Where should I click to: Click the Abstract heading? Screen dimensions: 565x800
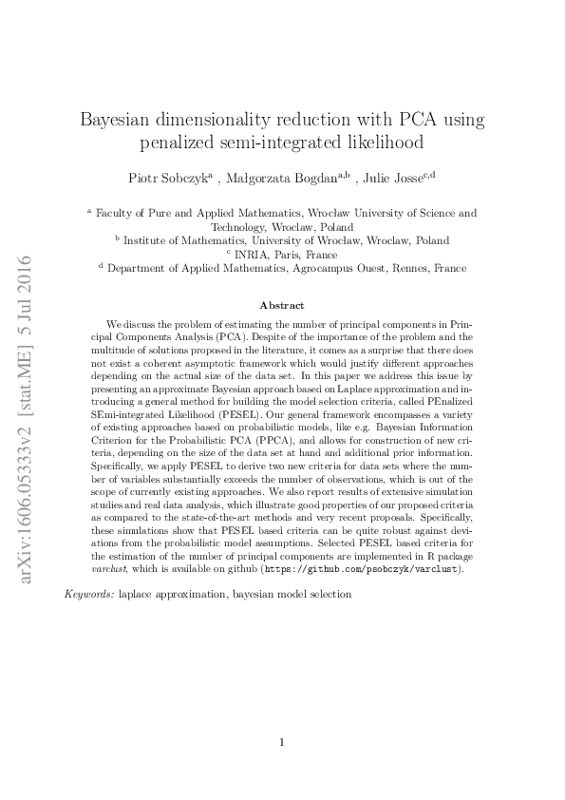282,305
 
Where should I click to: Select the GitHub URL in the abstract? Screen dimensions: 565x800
366,569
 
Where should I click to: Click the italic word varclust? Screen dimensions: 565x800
121,569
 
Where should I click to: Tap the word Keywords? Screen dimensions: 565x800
88,593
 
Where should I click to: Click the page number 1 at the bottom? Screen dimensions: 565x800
282,743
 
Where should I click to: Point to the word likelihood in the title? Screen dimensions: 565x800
378,144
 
